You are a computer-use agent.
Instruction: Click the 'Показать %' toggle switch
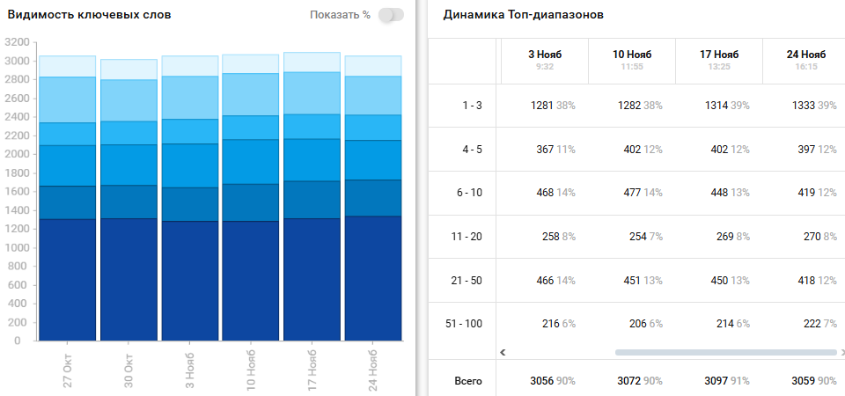click(391, 15)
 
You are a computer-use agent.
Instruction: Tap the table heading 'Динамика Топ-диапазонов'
click(523, 15)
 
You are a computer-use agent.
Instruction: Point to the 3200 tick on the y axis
click(17, 41)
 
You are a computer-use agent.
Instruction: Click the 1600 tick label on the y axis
click(17, 191)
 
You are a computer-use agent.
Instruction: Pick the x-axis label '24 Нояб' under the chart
click(372, 370)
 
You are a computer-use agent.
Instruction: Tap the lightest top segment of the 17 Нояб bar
click(312, 62)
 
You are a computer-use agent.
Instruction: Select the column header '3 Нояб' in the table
click(544, 55)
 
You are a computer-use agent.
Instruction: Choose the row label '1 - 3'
click(472, 106)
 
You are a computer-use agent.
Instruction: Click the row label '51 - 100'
click(464, 324)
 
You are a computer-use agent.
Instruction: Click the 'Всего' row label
click(468, 382)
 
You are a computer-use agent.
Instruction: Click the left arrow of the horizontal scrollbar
click(503, 352)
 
